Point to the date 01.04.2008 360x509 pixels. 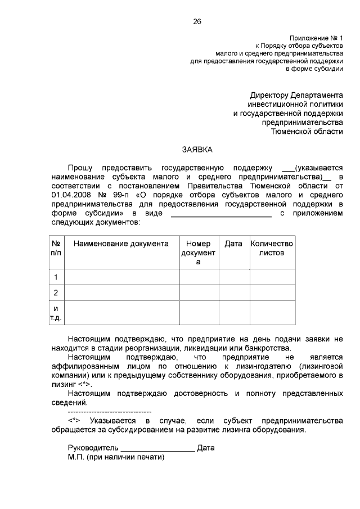(69, 195)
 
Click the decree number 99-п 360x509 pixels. (119, 195)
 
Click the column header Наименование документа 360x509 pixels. (121, 244)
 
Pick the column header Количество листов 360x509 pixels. (272, 248)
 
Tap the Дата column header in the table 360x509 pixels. (233, 244)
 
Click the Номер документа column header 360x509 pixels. (198, 253)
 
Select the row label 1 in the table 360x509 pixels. (56, 277)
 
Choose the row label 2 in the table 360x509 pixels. (56, 292)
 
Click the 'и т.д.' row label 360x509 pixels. (56, 313)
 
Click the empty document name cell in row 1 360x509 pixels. (121, 277)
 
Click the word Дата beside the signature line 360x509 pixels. (206, 448)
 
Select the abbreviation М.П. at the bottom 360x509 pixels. (75, 457)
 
